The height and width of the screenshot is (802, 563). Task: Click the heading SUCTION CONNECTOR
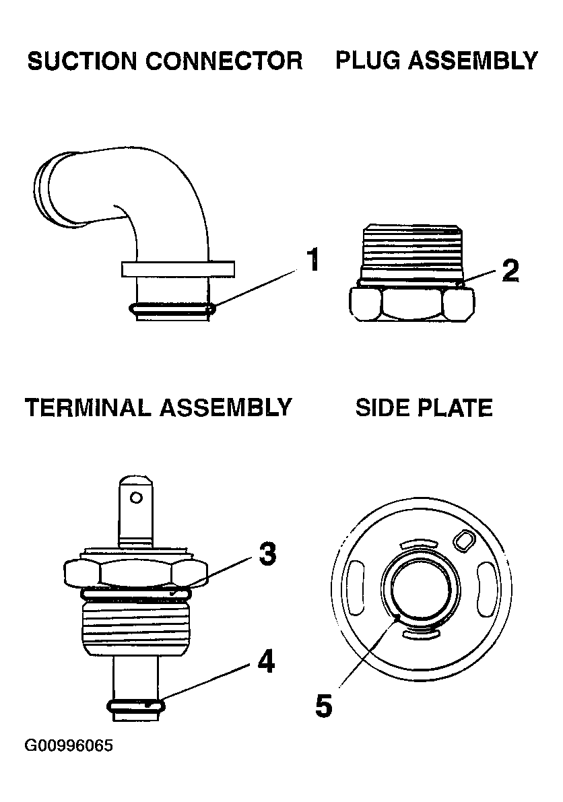click(x=165, y=61)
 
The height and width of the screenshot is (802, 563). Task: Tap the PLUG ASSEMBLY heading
click(x=436, y=61)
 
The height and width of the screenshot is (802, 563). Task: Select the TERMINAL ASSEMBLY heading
click(x=158, y=407)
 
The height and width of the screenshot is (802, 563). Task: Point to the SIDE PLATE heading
click(x=424, y=407)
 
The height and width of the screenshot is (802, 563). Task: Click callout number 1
click(x=312, y=261)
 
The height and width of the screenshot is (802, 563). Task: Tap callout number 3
click(x=267, y=554)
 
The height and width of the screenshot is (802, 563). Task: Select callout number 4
click(x=267, y=663)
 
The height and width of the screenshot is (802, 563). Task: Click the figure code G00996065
click(x=69, y=746)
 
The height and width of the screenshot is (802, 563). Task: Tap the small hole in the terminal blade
click(x=137, y=498)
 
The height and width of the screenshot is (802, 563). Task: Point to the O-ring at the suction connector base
click(x=171, y=310)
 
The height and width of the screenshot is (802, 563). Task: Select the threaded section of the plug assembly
click(x=412, y=253)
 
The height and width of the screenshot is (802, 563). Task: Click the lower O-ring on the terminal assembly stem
click(x=136, y=706)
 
